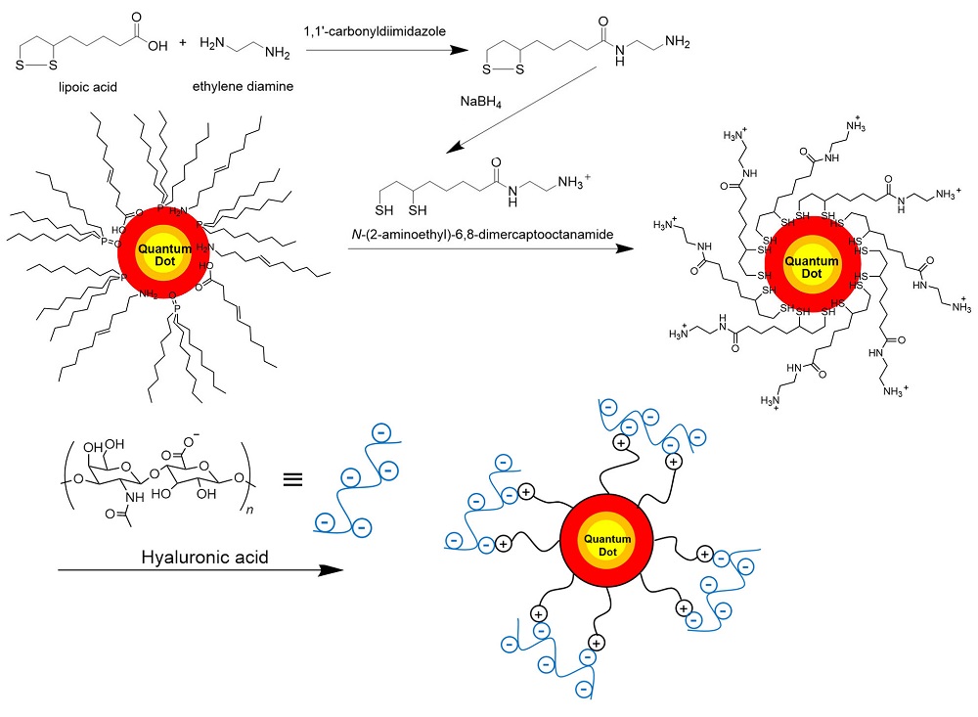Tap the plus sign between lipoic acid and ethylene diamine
pos(181,43)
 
